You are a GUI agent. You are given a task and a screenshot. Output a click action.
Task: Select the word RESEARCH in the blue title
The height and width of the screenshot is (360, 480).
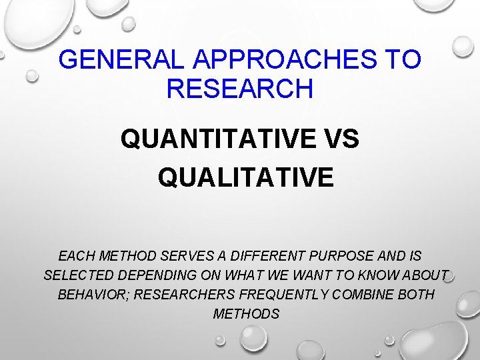click(240, 89)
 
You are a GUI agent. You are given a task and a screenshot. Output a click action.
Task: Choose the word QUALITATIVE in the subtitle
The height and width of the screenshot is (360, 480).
click(245, 177)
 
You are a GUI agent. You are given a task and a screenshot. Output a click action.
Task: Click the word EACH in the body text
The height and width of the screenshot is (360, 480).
click(75, 255)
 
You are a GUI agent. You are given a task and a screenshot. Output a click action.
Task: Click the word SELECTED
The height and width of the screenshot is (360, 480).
click(79, 275)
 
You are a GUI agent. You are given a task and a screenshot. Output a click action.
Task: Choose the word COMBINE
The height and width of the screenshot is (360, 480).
click(360, 295)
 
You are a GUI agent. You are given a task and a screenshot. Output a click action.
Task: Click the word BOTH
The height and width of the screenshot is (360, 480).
click(417, 295)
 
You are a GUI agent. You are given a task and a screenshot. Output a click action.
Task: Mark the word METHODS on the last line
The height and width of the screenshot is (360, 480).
click(246, 314)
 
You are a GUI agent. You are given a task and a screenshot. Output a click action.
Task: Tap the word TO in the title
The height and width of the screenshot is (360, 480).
click(403, 60)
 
